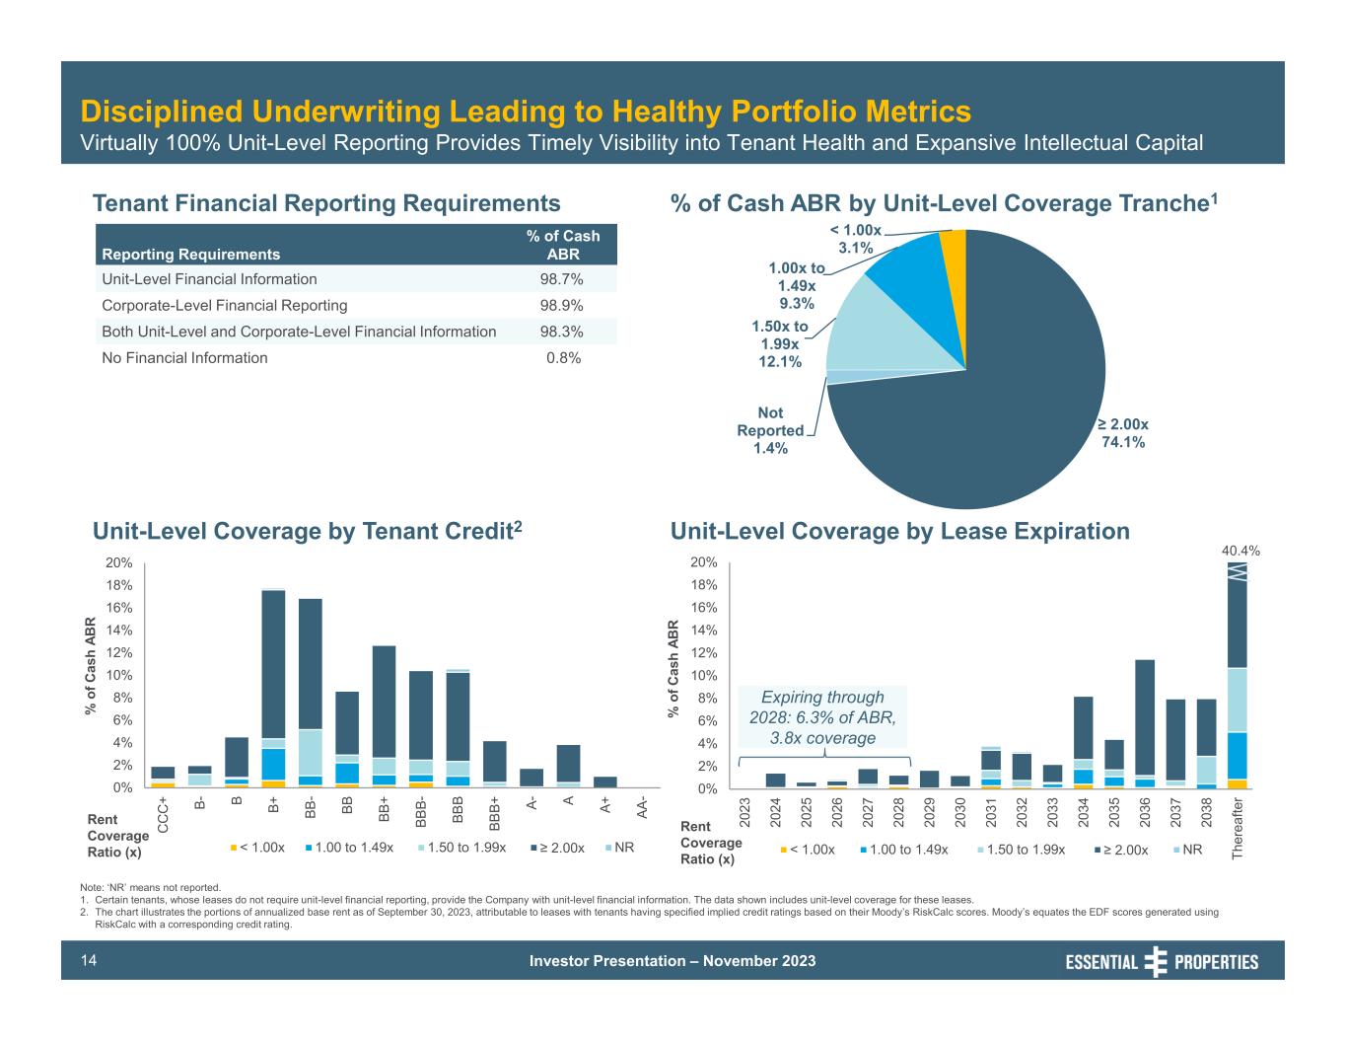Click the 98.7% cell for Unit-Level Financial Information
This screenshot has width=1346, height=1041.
pyautogui.click(x=560, y=279)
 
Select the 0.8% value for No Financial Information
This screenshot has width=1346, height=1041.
pyautogui.click(x=563, y=358)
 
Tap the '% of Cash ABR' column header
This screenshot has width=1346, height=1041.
pyautogui.click(x=563, y=245)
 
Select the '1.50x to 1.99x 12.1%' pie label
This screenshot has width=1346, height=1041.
pyautogui.click(x=779, y=344)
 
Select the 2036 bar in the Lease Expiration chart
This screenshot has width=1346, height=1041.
pyautogui.click(x=1145, y=720)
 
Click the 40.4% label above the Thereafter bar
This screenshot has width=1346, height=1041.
pyautogui.click(x=1240, y=551)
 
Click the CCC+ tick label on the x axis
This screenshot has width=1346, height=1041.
pyautogui.click(x=163, y=815)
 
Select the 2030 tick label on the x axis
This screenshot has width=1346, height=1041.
pyautogui.click(x=960, y=811)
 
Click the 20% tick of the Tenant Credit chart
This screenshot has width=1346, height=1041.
pyautogui.click(x=119, y=562)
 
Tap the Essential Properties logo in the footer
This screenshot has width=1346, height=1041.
pyautogui.click(x=1162, y=961)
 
